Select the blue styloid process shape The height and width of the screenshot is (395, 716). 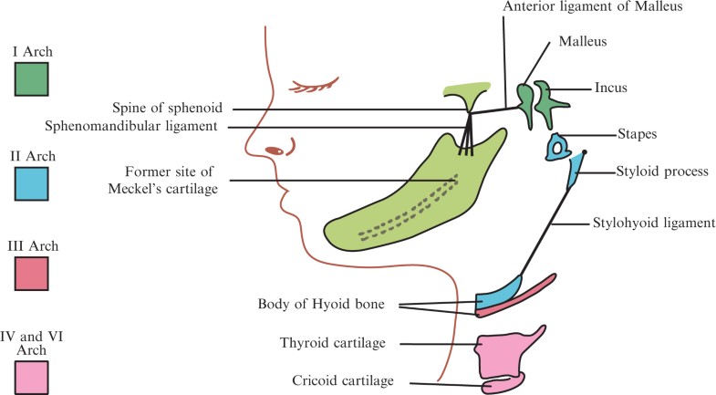click(x=576, y=172)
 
